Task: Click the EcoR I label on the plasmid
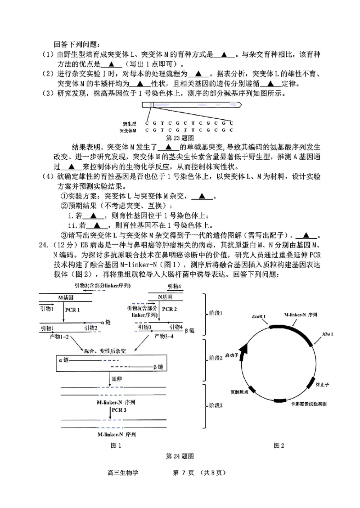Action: click(x=258, y=316)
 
